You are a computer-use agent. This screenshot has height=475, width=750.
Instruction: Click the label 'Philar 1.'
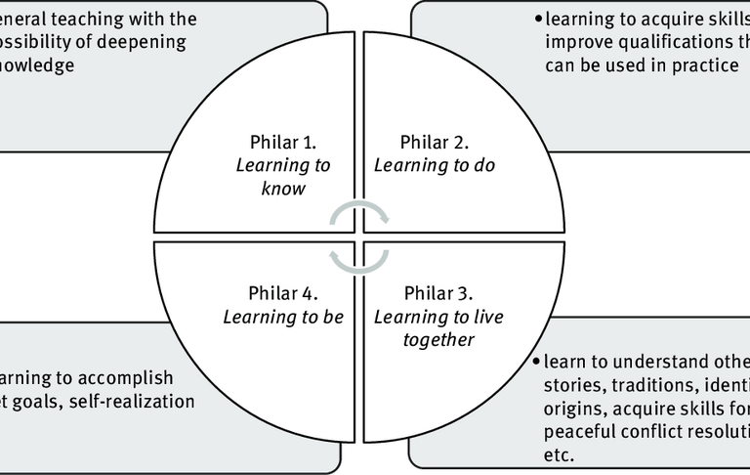click(283, 142)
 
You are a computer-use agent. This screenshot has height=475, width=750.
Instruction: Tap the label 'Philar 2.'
click(435, 142)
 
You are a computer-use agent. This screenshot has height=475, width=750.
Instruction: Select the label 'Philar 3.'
click(437, 292)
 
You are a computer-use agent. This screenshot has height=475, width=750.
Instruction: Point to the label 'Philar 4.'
click(283, 292)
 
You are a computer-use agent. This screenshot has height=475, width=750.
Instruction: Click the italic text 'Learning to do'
click(435, 165)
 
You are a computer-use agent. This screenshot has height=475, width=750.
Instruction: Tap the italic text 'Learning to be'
click(283, 316)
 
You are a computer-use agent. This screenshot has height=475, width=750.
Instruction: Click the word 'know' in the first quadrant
click(283, 189)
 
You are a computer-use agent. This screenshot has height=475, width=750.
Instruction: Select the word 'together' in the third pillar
click(437, 339)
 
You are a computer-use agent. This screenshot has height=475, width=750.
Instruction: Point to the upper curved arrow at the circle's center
click(358, 210)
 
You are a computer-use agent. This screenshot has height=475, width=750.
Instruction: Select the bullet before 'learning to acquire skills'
click(537, 19)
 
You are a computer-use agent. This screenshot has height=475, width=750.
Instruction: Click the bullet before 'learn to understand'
click(537, 360)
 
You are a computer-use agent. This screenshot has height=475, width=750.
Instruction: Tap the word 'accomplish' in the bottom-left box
click(128, 377)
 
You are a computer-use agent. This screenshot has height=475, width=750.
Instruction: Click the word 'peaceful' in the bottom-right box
click(579, 430)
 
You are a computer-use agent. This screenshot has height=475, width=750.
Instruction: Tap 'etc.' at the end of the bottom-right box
click(557, 454)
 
